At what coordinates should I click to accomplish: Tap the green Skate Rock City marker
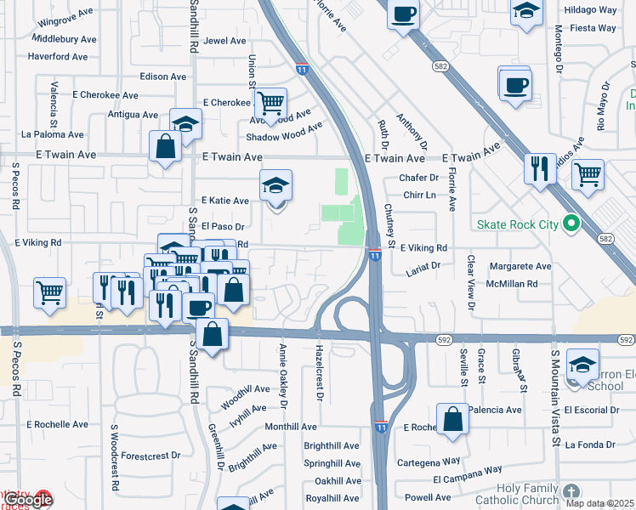(571, 224)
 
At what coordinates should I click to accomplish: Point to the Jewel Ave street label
(224, 41)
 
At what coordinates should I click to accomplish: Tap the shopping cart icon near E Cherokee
(270, 104)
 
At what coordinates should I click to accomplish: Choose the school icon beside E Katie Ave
(275, 185)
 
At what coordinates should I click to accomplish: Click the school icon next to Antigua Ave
(185, 124)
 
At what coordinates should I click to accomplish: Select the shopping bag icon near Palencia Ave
(453, 418)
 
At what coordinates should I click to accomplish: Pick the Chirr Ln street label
(419, 195)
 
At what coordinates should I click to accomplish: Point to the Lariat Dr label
(423, 266)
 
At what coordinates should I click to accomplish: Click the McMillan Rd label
(514, 284)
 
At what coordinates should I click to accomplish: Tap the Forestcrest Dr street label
(150, 456)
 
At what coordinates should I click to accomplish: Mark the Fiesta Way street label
(593, 28)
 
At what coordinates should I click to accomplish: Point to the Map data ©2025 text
(599, 504)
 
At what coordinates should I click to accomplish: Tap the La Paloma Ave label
(53, 134)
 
